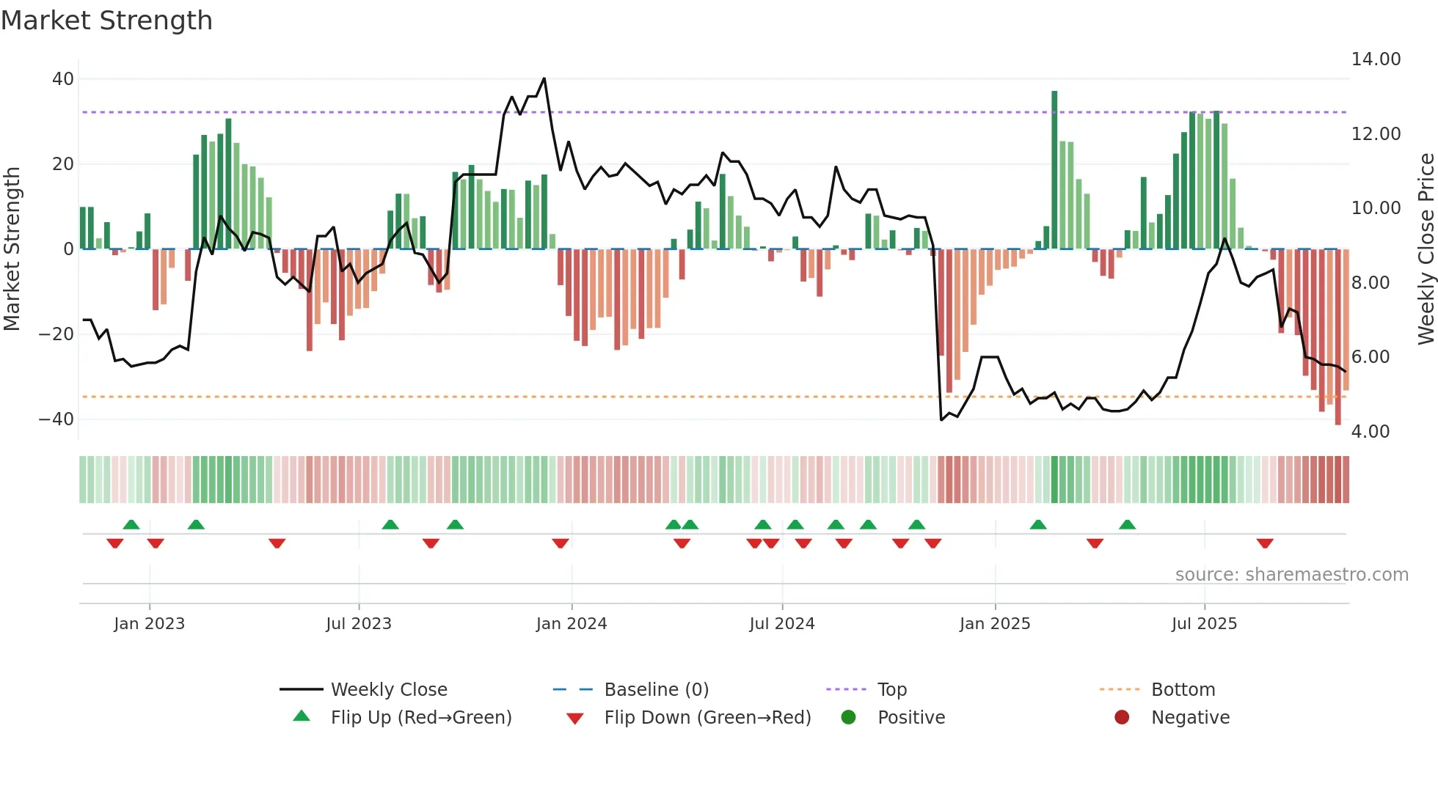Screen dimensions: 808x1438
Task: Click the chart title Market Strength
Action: [106, 21]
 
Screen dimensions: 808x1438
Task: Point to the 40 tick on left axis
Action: [63, 78]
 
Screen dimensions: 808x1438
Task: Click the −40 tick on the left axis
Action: [56, 419]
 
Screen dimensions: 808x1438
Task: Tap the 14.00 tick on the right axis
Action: [1376, 59]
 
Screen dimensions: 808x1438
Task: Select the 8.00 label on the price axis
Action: [1370, 283]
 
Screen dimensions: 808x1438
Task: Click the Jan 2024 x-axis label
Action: [572, 624]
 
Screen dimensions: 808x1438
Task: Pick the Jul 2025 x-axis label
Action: [1204, 624]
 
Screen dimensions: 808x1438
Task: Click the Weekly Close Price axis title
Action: [1426, 249]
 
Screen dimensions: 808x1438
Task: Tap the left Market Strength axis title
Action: [12, 249]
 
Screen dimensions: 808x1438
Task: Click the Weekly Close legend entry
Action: [388, 690]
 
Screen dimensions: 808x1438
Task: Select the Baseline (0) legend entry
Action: [656, 690]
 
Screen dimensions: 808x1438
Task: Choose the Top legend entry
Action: [891, 690]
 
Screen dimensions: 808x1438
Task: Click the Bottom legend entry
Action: [1183, 690]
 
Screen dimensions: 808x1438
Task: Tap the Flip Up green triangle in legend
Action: [302, 716]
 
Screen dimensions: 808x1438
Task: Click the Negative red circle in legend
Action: [1122, 717]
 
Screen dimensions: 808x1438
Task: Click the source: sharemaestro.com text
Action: [1291, 575]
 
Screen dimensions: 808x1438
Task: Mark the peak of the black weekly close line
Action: [544, 78]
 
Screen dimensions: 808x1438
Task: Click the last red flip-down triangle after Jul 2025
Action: [1264, 543]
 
